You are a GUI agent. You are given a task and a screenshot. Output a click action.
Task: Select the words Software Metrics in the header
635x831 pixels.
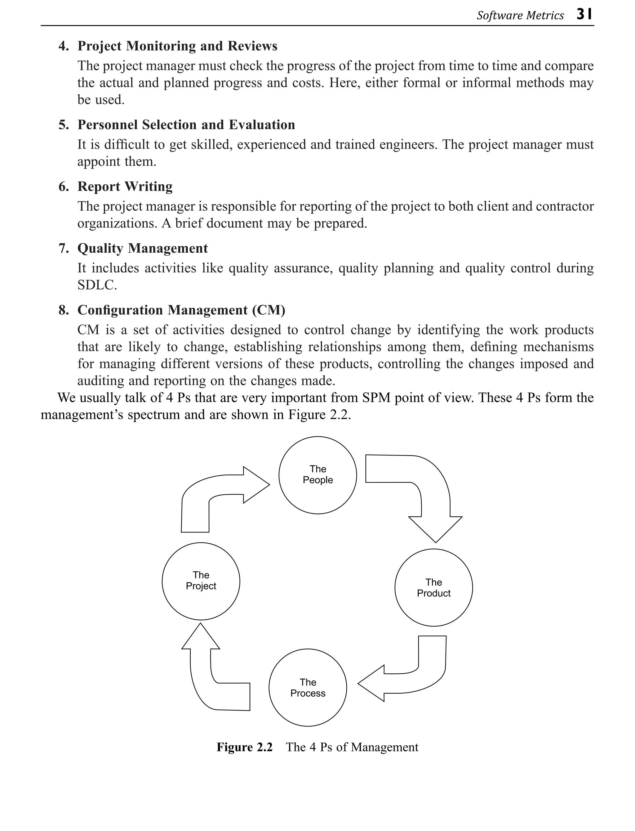(520, 16)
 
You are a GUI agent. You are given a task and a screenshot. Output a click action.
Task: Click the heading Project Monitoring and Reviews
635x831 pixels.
(177, 46)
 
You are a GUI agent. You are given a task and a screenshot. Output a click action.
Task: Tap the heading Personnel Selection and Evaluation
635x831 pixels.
(186, 125)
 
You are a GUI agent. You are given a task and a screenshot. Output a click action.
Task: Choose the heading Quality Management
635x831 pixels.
(143, 249)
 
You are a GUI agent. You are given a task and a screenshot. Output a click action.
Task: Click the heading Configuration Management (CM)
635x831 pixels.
(181, 310)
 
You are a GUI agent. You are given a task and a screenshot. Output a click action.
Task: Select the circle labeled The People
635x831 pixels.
(317, 475)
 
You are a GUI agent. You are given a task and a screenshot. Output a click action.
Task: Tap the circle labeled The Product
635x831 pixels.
(433, 587)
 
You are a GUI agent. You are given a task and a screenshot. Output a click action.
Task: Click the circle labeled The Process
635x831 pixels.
(308, 688)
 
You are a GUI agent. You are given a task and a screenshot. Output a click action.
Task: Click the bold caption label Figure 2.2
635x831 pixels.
(244, 747)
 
